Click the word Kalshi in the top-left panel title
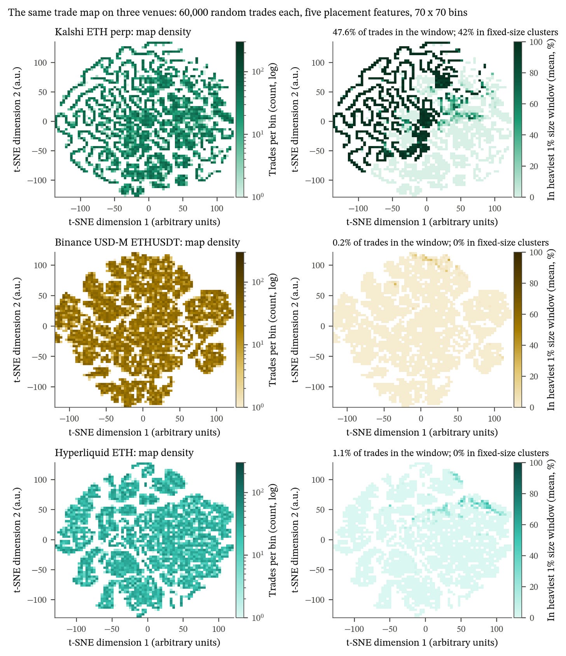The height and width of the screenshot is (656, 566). (67, 32)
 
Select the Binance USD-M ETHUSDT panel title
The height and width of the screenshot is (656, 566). (147, 243)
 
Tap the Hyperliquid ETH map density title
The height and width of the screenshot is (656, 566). (124, 453)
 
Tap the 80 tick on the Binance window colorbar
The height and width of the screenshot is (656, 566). (535, 283)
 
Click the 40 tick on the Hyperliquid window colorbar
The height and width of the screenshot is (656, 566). (535, 556)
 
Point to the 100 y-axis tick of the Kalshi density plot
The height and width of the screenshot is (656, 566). (40, 63)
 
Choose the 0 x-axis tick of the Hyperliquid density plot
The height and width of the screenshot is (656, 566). (148, 629)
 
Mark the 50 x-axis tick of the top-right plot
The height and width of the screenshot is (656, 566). (461, 208)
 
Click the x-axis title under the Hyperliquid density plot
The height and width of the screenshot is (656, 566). (144, 642)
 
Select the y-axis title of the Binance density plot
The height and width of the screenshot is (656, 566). (17, 330)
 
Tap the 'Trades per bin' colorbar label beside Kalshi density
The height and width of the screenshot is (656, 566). (273, 119)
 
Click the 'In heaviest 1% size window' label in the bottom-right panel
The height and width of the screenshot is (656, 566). (551, 540)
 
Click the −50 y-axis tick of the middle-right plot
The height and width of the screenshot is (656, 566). (318, 357)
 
